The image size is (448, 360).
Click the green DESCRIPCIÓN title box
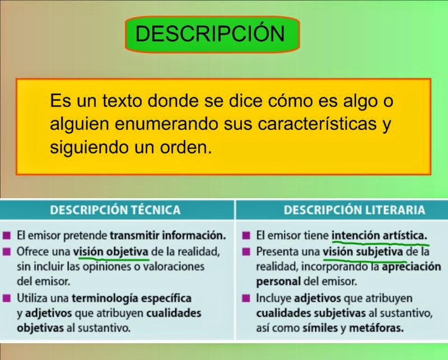[x=212, y=34]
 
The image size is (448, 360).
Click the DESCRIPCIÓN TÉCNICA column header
[x=115, y=210]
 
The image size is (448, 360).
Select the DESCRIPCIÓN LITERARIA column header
[x=354, y=210]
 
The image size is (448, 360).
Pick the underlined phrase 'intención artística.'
[x=379, y=235]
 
